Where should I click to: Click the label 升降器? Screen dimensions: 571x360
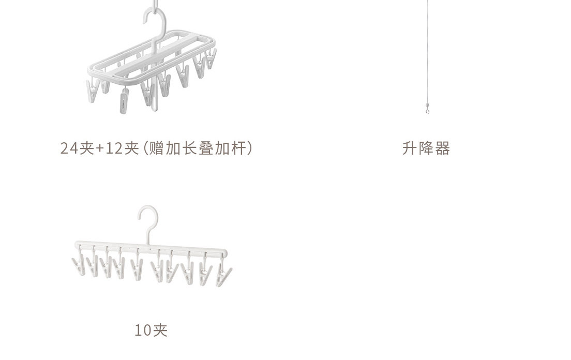click(x=426, y=149)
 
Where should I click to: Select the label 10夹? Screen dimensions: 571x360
click(x=151, y=330)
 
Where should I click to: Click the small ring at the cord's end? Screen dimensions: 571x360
click(x=427, y=110)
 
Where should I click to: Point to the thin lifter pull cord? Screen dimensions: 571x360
click(x=427, y=52)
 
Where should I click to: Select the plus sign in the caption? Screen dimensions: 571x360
click(x=101, y=149)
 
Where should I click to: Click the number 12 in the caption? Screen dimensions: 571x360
click(x=115, y=149)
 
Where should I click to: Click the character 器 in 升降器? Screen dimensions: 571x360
click(x=442, y=149)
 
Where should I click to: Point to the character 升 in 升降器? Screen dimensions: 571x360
click(x=410, y=149)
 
